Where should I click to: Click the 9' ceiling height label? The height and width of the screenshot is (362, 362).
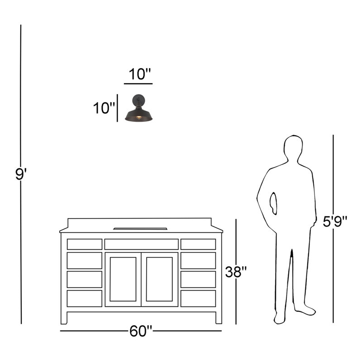point(21,174)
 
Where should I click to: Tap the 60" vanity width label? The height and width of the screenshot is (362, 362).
point(141,331)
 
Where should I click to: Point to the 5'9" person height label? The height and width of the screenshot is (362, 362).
point(335,221)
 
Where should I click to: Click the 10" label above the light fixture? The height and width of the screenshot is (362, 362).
point(139,74)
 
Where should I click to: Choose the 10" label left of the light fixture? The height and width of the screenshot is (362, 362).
point(104,108)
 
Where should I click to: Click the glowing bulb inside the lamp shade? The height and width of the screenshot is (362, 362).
point(138,118)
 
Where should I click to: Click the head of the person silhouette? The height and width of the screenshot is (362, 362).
point(293,147)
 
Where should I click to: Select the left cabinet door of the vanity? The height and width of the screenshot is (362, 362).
point(123,279)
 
